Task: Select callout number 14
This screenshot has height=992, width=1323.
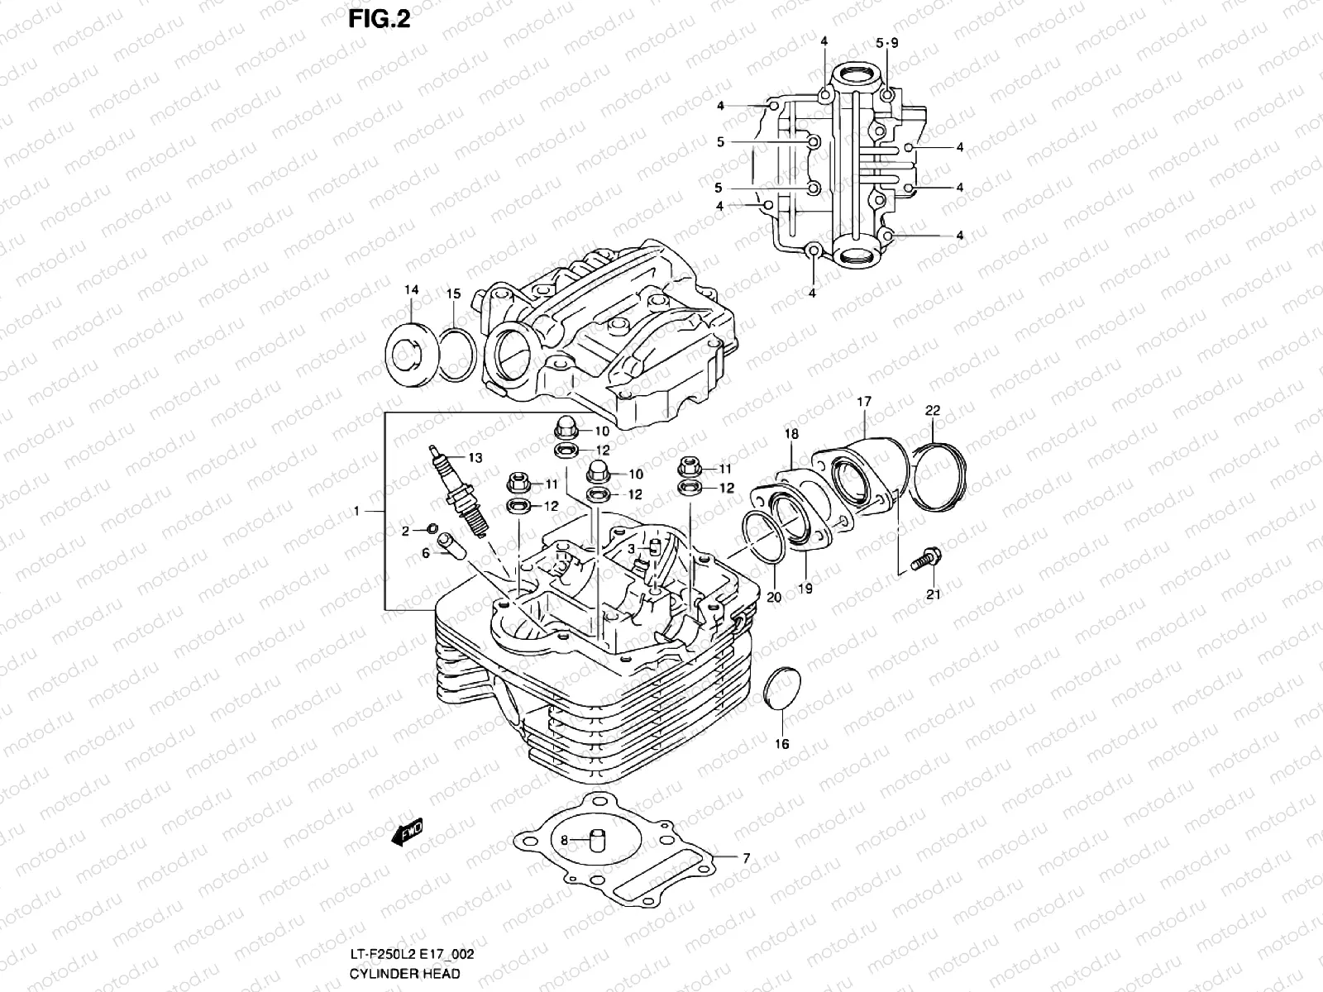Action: [x=412, y=289]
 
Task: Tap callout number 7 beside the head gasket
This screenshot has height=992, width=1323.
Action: [x=746, y=859]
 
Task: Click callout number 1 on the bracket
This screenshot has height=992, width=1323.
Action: [x=356, y=512]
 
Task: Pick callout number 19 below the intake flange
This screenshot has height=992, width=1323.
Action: [x=805, y=589]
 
